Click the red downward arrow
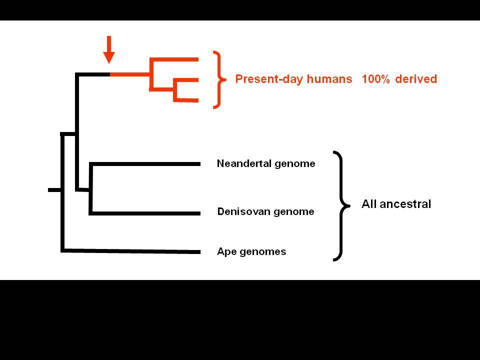coord(108,49)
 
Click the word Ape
coord(227,251)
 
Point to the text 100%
coord(375,79)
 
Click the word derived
coord(415,79)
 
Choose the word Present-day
coord(269,79)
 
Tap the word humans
coord(329,79)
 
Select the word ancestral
coord(405,204)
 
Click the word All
coord(368,204)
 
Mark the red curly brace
coord(219,79)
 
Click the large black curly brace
coord(341,205)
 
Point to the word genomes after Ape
coord(263,252)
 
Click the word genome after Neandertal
coord(295,164)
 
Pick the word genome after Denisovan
coord(294,212)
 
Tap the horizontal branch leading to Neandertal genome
coord(145,164)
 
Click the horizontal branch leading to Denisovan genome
coord(145,213)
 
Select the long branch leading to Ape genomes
coord(130,251)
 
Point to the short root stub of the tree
coord(54,190)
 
